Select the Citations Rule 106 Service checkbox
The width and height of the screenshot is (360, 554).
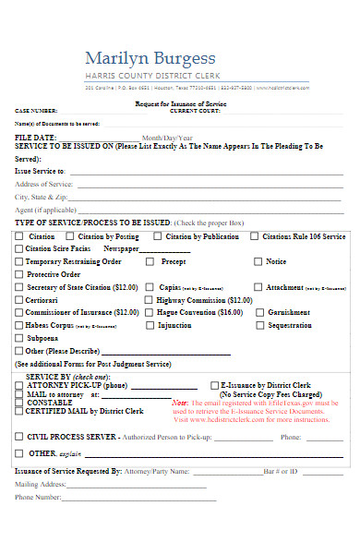(x=254, y=236)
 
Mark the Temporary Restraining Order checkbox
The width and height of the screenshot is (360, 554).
(x=19, y=261)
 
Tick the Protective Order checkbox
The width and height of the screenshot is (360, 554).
(x=19, y=274)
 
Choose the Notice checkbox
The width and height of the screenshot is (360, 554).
(x=254, y=261)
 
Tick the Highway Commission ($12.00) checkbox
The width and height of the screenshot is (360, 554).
(x=148, y=300)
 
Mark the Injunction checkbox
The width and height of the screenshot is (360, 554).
(x=148, y=326)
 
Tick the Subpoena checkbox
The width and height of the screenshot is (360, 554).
(x=19, y=338)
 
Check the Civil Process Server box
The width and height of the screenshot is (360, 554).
(x=19, y=436)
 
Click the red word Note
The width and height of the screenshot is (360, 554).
(x=179, y=403)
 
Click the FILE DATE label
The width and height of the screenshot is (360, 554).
(x=36, y=138)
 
